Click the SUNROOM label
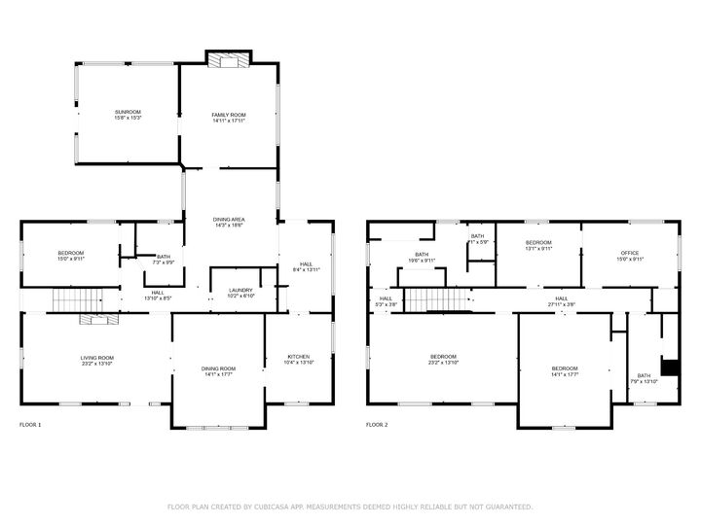tap(128, 112)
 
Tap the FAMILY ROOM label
tap(229, 115)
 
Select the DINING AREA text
tap(229, 220)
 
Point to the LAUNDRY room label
tap(240, 290)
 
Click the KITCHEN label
tap(299, 356)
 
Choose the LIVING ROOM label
tap(97, 357)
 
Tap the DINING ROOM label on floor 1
tap(218, 367)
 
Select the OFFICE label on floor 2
tap(630, 253)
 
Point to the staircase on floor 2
tap(429, 300)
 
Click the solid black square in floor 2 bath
tap(670, 367)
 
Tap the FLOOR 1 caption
tap(30, 425)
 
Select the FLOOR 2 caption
tap(376, 425)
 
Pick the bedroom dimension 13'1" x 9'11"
tap(538, 249)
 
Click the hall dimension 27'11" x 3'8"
tap(562, 304)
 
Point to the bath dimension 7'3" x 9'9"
tap(163, 262)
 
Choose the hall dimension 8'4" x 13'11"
tap(306, 269)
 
